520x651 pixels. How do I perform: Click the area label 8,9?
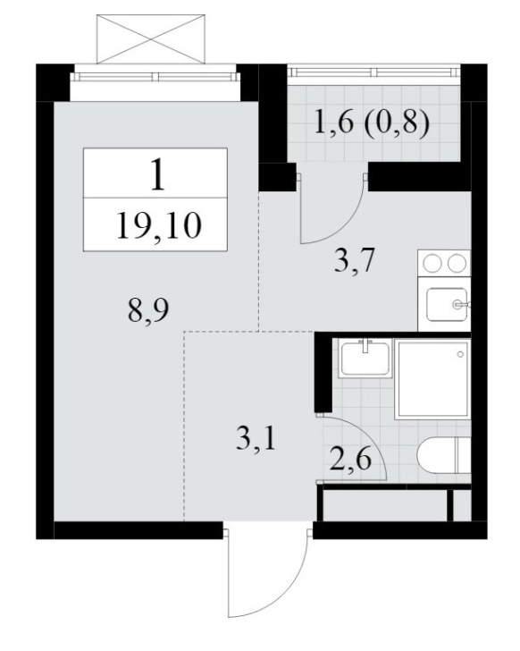pos(148,311)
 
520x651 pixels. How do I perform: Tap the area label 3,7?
pos(354,261)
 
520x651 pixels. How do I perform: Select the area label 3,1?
pos(256,440)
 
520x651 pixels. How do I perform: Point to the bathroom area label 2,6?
pos(350,460)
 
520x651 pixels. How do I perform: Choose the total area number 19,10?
pos(159,225)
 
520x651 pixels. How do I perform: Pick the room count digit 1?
pos(157,175)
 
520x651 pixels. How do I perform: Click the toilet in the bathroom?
pos(444,454)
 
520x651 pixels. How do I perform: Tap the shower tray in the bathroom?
pos(432,377)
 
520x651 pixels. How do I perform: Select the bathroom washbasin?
pos(365,358)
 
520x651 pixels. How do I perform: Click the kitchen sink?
pos(447,304)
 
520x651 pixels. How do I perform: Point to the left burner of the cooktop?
pos(432,263)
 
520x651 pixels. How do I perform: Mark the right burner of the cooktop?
pos(457,263)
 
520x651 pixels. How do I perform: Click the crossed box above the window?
pos(151,39)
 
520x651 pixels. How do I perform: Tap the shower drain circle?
pos(460,354)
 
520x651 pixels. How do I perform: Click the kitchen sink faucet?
pos(462,305)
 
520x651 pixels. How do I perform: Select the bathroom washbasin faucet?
pos(365,345)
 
